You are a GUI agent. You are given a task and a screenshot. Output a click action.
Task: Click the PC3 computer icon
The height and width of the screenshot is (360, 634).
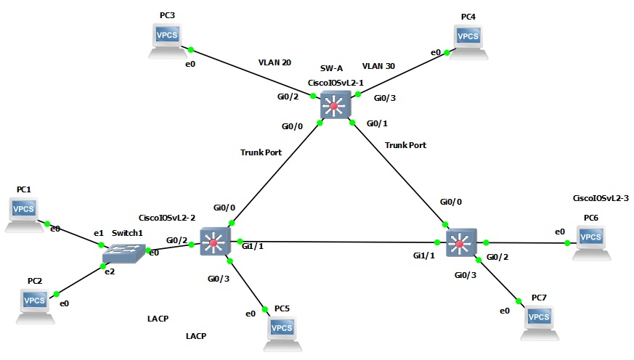[x=167, y=40]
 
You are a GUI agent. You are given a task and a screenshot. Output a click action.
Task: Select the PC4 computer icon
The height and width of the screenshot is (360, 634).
[x=468, y=40]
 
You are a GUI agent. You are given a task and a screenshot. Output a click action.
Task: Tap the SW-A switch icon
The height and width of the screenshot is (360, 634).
[x=334, y=107]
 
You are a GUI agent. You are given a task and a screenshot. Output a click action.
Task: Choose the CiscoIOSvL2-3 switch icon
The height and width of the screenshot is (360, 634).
[x=459, y=242]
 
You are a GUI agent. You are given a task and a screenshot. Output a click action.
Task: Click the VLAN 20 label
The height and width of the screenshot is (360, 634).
[x=275, y=63]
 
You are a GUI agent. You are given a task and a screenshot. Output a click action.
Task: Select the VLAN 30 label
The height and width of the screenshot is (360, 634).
[x=378, y=66]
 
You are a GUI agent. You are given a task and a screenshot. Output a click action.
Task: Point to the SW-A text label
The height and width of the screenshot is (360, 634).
[x=331, y=67]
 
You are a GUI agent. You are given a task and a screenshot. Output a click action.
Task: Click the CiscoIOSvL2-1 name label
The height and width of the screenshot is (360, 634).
[x=336, y=83]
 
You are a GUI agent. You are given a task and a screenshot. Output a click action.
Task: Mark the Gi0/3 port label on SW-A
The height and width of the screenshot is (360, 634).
[x=385, y=98]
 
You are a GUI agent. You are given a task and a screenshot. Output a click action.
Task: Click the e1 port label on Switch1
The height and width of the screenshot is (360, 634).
[x=99, y=233]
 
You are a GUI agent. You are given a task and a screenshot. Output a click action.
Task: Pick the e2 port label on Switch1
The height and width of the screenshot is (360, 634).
[x=109, y=271]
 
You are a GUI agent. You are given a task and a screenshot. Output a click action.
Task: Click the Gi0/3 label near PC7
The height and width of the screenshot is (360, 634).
[x=466, y=275]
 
